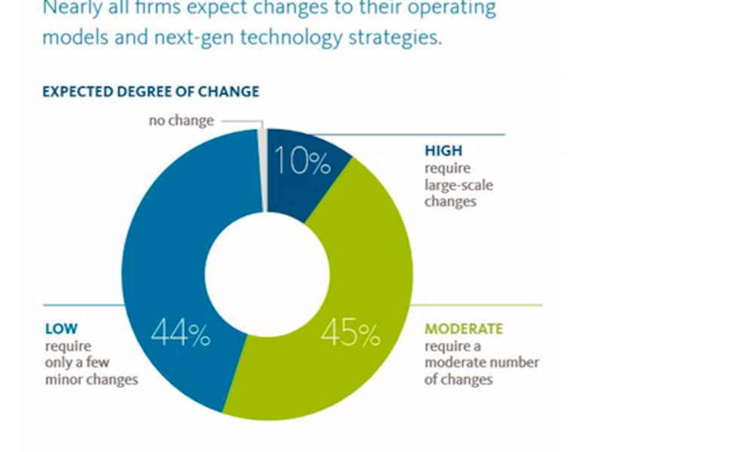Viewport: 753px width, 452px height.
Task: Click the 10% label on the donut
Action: [x=301, y=160]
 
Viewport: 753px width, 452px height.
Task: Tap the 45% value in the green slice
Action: [x=350, y=334]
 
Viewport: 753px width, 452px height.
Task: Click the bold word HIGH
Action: [x=444, y=151]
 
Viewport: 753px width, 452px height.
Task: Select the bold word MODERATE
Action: [x=464, y=329]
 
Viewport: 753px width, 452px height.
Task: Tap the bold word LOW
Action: [x=61, y=329]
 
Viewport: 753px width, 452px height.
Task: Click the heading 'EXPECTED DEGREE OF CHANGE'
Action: [x=151, y=92]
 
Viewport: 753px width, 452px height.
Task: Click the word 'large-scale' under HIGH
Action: [x=459, y=185]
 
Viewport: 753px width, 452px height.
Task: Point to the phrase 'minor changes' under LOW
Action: [x=92, y=380]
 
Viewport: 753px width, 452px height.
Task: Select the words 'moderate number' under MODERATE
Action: [x=482, y=363]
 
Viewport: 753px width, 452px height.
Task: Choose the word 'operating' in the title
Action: [x=451, y=9]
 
